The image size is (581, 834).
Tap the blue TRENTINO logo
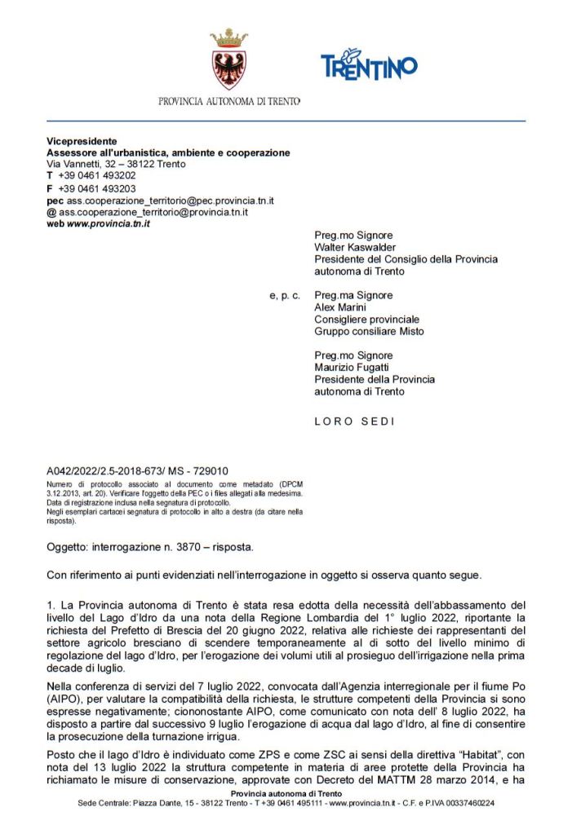[369, 64]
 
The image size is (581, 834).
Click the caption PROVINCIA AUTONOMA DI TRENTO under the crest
[229, 102]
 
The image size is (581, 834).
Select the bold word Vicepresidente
[82, 141]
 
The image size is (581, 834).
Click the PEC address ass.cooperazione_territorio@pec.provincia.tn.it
[170, 200]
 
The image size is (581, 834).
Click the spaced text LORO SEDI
[354, 421]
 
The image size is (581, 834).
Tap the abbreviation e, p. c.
[285, 295]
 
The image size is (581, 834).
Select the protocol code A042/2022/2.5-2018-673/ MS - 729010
[137, 470]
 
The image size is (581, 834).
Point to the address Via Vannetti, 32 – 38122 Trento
[116, 164]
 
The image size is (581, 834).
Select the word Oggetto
[66, 545]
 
